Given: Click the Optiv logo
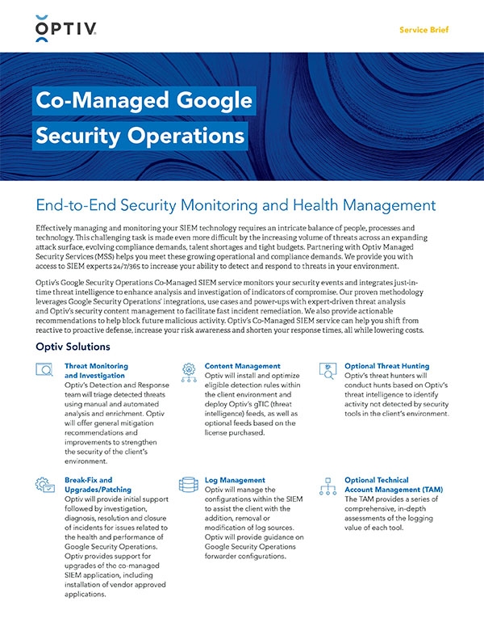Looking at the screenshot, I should [x=67, y=29].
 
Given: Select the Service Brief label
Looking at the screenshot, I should [x=423, y=30].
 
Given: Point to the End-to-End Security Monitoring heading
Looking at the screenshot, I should [x=236, y=205].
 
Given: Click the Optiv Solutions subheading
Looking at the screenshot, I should [x=73, y=347].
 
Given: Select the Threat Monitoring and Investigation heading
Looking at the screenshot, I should [x=95, y=371].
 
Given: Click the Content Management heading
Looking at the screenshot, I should [x=243, y=366].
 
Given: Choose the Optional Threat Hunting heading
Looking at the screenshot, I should [x=386, y=366].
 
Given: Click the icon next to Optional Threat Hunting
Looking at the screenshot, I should [x=328, y=371].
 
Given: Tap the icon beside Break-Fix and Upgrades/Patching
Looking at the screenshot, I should [x=45, y=485].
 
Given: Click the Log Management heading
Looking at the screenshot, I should [x=235, y=480].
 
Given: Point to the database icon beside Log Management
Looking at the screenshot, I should [x=189, y=485].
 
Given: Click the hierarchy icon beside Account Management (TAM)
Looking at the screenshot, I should [x=328, y=485].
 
